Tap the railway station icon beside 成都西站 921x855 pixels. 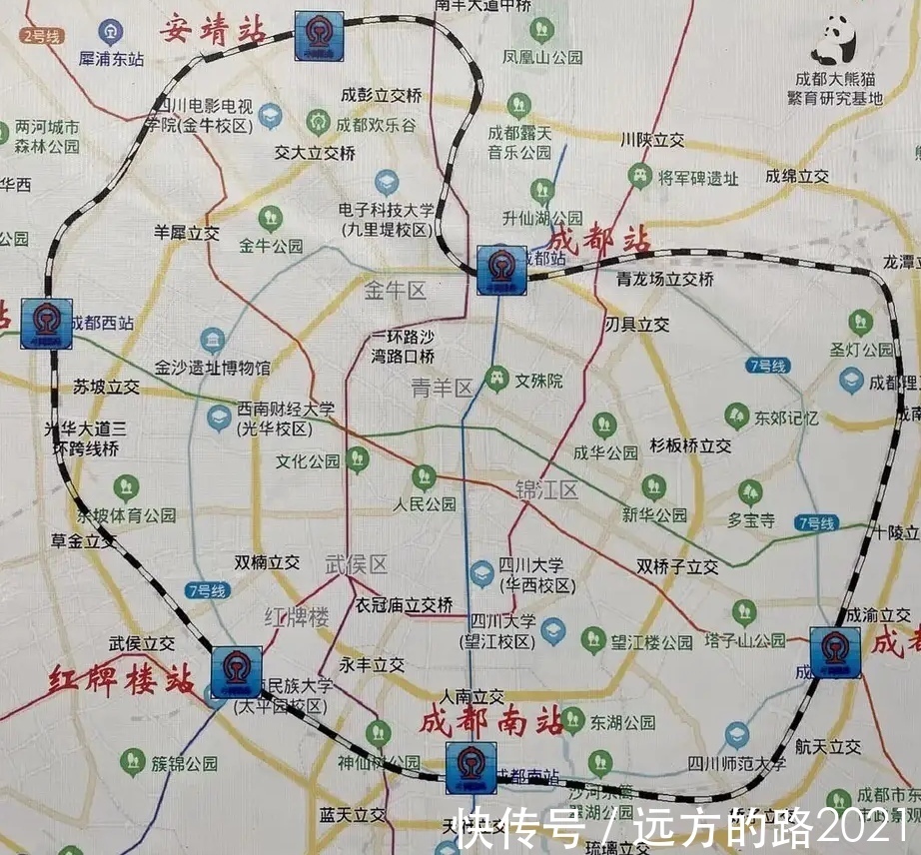click(x=46, y=323)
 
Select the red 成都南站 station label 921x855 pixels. click(x=491, y=719)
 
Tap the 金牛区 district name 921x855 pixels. click(x=395, y=291)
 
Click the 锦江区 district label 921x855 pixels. click(x=546, y=489)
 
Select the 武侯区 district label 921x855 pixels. click(x=356, y=564)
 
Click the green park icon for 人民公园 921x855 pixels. click(x=425, y=477)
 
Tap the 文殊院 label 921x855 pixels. click(x=538, y=381)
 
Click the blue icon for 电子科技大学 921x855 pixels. click(x=387, y=182)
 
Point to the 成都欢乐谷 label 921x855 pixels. click(x=375, y=126)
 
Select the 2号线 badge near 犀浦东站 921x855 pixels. click(x=41, y=36)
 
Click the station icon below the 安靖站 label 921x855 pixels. click(x=319, y=37)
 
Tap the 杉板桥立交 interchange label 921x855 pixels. click(x=690, y=445)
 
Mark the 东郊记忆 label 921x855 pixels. click(x=785, y=418)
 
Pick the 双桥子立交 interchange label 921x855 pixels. click(x=677, y=566)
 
